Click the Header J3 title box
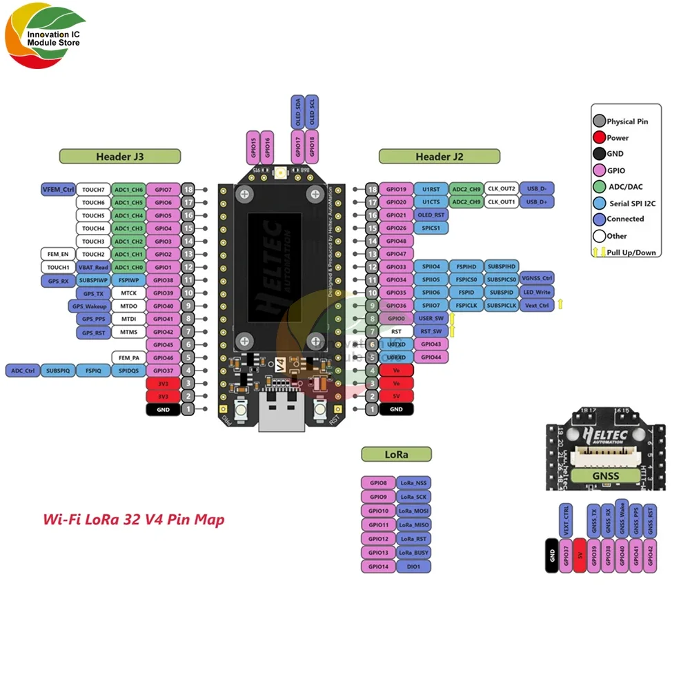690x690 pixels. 120,157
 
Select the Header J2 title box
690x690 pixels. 439,157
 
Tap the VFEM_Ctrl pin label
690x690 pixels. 58,189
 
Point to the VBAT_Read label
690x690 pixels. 93,267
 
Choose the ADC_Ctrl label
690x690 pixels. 22,371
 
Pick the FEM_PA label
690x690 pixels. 128,357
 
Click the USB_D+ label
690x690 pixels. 536,201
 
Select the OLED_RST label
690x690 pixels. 431,215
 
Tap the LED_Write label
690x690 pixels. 536,293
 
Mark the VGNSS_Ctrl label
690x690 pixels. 536,279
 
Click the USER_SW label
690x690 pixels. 431,318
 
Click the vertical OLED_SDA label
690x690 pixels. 297,112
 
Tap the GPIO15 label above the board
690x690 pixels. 253,146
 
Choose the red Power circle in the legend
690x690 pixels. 600,138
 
